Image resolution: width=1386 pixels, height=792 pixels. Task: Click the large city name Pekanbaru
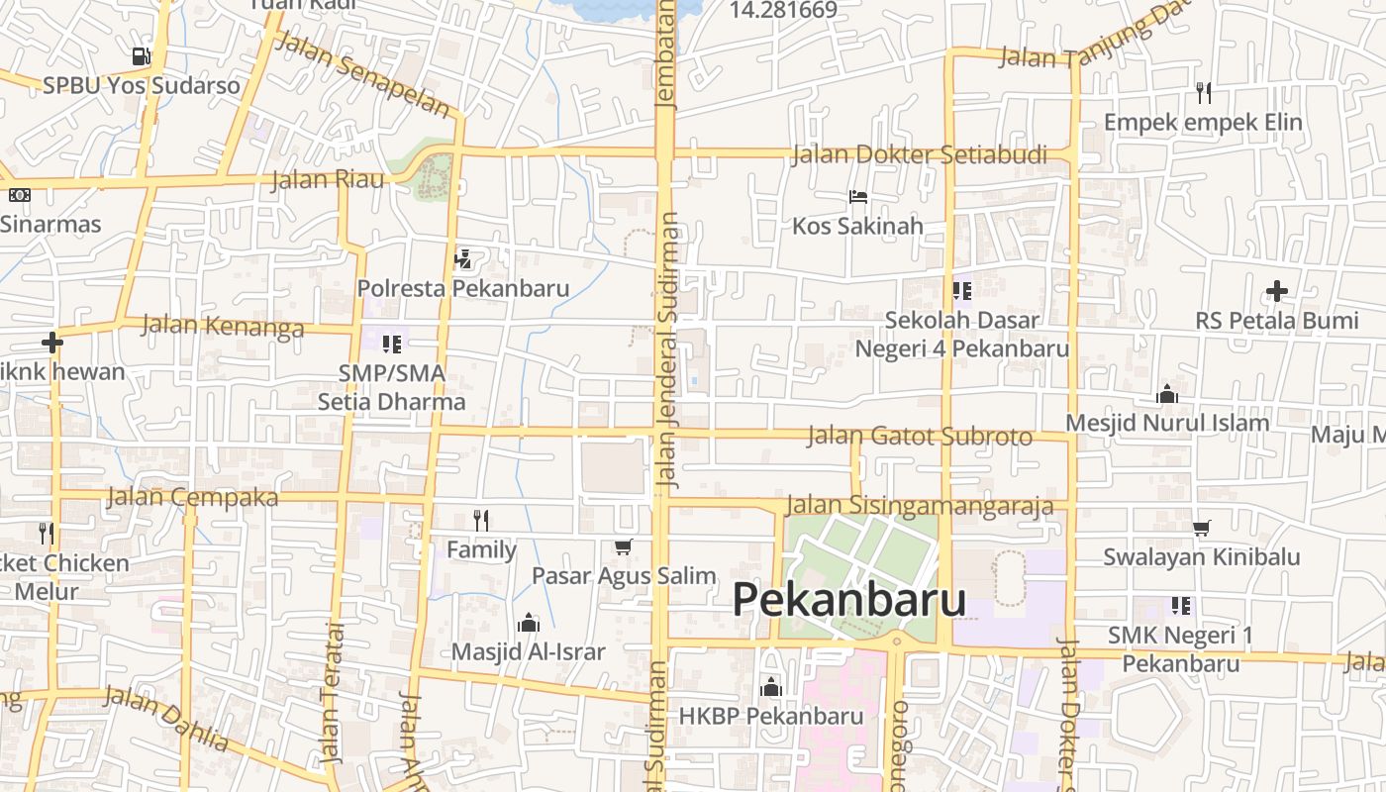coord(849,600)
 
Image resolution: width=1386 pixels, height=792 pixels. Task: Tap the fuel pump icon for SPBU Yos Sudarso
coord(142,56)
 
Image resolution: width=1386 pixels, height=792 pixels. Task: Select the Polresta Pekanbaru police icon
coord(462,259)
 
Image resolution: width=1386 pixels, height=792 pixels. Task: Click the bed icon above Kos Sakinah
coord(858,197)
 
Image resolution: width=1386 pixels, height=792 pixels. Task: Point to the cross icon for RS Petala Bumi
coord(1277,291)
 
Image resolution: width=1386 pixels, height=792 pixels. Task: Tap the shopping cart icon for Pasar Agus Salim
coord(624,546)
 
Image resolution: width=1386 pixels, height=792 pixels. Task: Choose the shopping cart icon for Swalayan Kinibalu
coord(1202,528)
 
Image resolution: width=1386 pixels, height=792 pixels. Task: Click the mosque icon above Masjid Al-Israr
coord(529,623)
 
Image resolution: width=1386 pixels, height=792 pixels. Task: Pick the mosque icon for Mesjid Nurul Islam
coord(1167,394)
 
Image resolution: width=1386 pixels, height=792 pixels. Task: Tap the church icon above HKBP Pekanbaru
coord(771,686)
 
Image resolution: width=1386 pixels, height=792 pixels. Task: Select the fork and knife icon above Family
coord(481,520)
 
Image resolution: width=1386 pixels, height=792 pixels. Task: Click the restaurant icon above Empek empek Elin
coord(1204,93)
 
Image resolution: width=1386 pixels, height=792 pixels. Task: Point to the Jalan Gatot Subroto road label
coord(920,436)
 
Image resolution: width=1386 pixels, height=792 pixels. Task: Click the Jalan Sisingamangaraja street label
coord(920,507)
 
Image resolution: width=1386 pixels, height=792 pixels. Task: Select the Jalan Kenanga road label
coord(223,326)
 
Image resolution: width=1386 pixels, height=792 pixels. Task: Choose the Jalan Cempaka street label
coord(193,497)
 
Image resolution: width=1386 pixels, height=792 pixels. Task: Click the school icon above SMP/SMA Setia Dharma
coord(392,345)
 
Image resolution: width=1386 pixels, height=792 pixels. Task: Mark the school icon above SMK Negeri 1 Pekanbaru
coord(1180,605)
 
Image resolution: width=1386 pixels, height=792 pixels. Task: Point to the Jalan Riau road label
coord(328,180)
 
